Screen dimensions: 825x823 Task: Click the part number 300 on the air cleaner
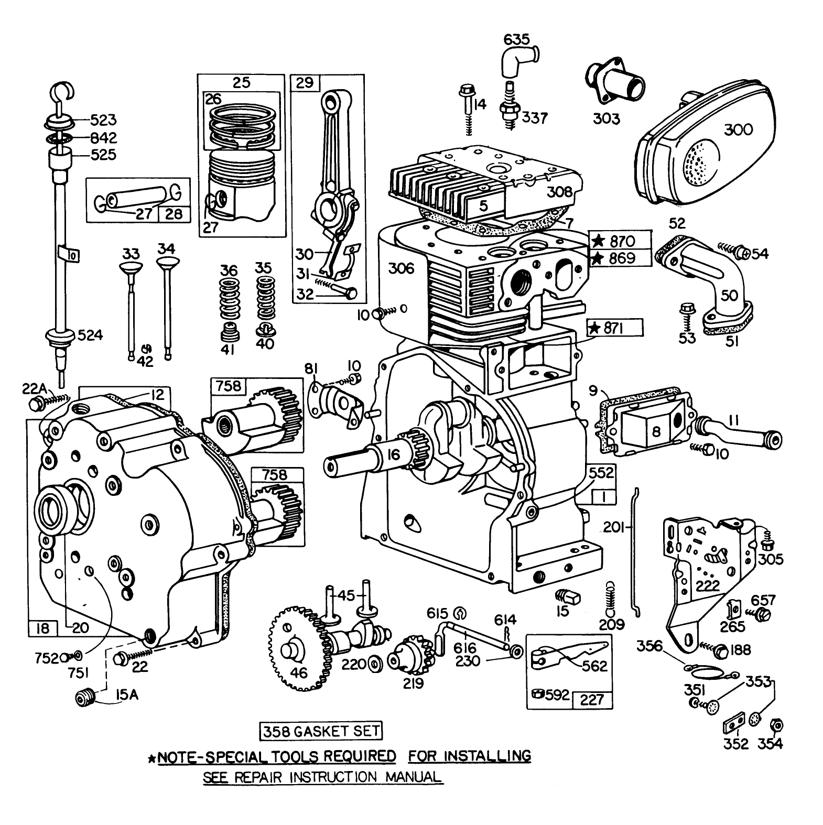(x=738, y=129)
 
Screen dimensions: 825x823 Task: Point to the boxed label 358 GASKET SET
(x=321, y=731)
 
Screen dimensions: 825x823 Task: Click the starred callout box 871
(x=614, y=328)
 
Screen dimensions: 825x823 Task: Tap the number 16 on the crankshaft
(x=394, y=455)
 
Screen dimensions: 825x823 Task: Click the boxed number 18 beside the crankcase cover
(x=42, y=627)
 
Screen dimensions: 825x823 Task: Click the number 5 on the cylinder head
(x=483, y=205)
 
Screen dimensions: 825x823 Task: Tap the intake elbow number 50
(x=729, y=295)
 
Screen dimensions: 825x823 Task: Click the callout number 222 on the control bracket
(x=707, y=585)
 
